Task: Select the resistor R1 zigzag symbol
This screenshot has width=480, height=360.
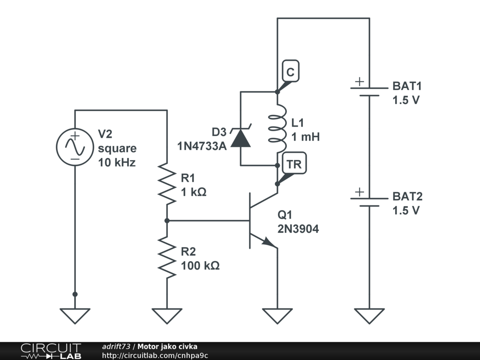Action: coord(167,184)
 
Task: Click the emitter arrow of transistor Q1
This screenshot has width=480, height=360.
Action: coord(268,242)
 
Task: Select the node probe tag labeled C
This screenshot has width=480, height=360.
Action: coord(290,72)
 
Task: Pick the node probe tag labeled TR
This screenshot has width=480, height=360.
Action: coord(294,164)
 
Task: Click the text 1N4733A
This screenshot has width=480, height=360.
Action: coord(202,146)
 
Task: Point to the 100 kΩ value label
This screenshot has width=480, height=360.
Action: coord(200,265)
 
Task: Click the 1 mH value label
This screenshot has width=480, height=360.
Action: coord(306,137)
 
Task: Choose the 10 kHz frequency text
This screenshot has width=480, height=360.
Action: coord(117,163)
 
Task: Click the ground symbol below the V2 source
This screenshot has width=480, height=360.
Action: coord(75,315)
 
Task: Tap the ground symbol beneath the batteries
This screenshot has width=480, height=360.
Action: coord(369,315)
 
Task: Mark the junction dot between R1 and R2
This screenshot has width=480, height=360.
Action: coord(167,220)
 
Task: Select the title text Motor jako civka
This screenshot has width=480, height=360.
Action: coord(167,346)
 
